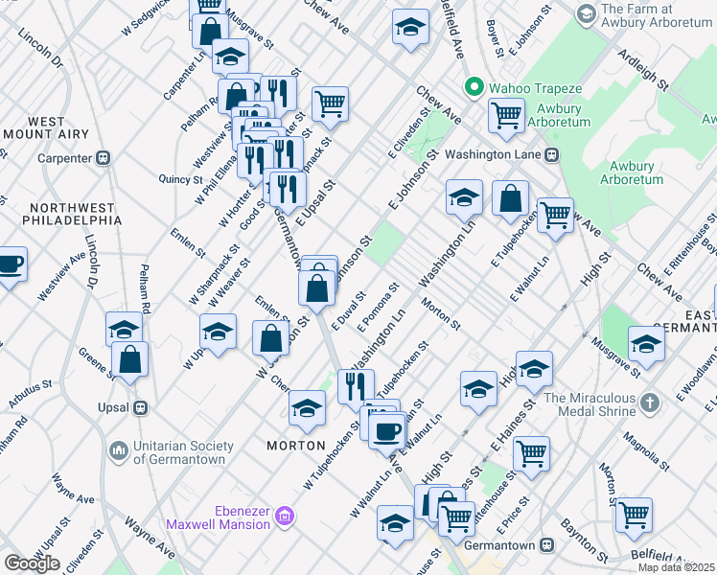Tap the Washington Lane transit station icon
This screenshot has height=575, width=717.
coord(551,153)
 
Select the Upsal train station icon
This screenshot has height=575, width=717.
coord(141,406)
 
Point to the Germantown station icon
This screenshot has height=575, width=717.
coord(546,544)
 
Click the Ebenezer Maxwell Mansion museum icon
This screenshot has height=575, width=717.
coord(284,517)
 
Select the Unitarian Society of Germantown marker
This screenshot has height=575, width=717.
coord(119,449)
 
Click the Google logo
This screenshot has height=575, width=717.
coord(32,563)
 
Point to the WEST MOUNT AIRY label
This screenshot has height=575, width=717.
coord(46,128)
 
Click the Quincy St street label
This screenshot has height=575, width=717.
coord(182,178)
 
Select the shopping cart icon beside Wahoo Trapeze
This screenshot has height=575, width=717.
coord(505,115)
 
